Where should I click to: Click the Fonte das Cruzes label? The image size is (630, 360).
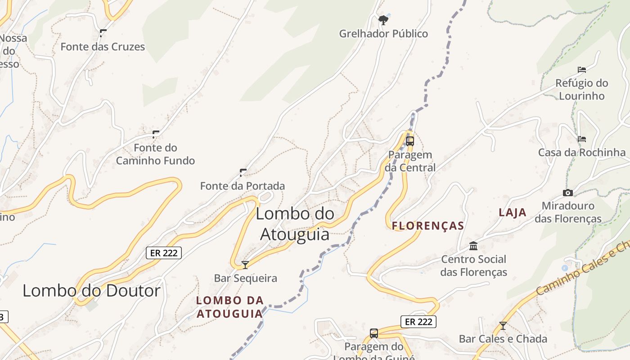[x=103, y=46]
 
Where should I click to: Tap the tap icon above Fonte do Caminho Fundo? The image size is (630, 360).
[x=156, y=134]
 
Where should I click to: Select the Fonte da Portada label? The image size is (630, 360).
[x=243, y=185]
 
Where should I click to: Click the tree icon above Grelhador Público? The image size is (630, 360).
[x=383, y=20]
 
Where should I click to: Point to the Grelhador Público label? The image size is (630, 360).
[x=383, y=34]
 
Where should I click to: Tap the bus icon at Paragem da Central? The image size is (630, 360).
[x=409, y=141]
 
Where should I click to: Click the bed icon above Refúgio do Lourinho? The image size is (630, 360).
[x=582, y=70]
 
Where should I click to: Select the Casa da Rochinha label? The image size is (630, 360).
[x=582, y=153]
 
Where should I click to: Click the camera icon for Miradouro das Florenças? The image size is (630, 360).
[x=568, y=193]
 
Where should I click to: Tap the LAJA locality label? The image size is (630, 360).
[x=513, y=212]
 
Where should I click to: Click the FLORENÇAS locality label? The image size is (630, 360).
[x=428, y=225]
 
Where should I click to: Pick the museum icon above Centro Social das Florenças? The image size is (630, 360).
[x=473, y=246]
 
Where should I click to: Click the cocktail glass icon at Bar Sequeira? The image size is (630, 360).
[x=245, y=265]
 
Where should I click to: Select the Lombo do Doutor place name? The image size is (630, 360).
[x=91, y=291]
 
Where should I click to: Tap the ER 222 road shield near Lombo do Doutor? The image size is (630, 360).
[x=164, y=253]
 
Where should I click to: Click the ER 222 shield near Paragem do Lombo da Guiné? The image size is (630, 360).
[x=418, y=321]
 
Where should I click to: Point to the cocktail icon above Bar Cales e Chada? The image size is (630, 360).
[x=503, y=326]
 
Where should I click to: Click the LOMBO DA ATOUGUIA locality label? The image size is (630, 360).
[x=229, y=307]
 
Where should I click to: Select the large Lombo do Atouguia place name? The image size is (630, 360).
[x=295, y=224]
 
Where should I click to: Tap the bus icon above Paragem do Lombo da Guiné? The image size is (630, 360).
[x=374, y=333]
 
